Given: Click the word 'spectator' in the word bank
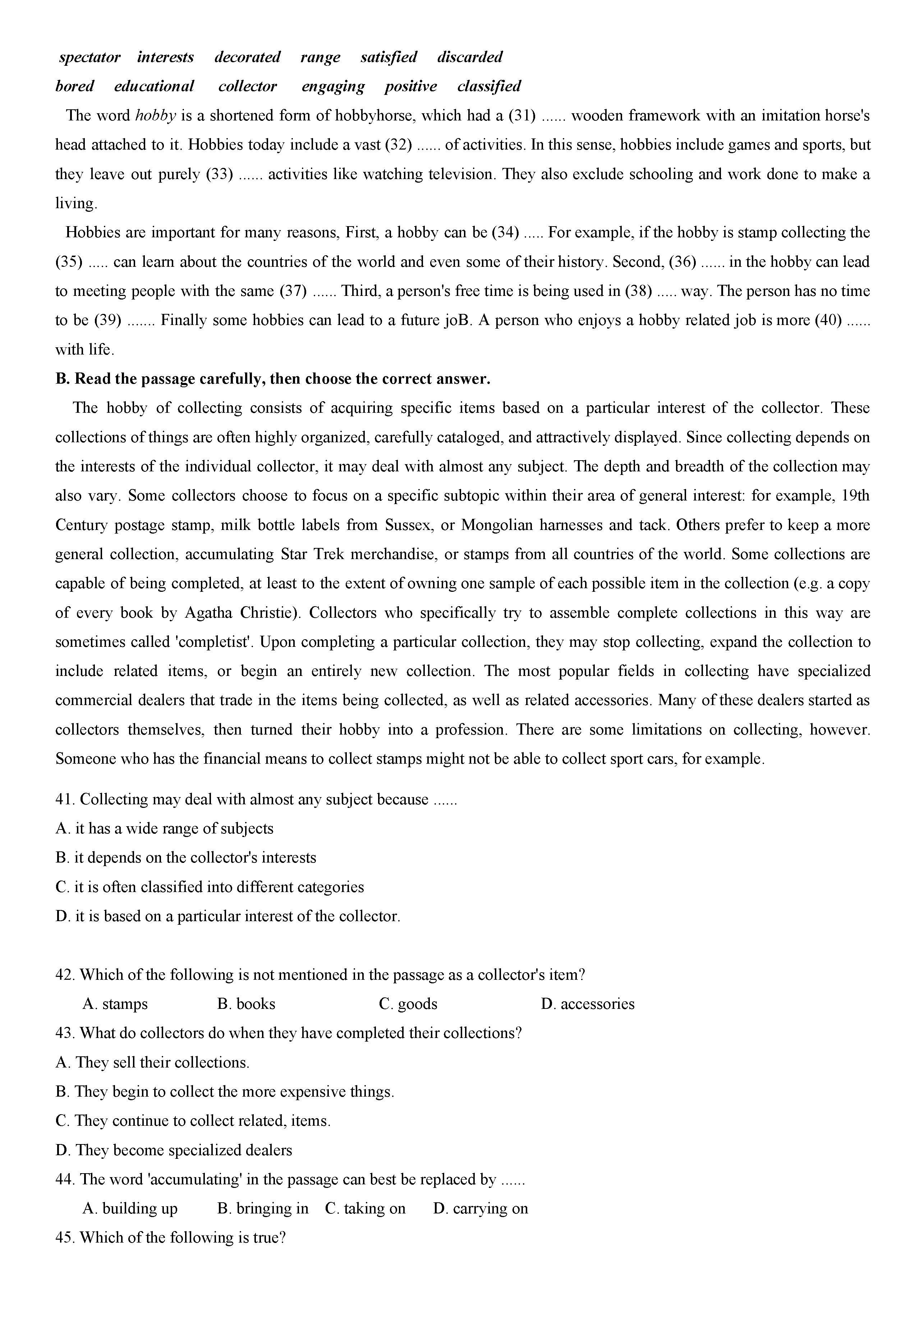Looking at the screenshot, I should point(89,58).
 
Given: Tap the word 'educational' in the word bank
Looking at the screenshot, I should point(154,87).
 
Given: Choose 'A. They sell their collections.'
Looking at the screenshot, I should point(152,1063).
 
